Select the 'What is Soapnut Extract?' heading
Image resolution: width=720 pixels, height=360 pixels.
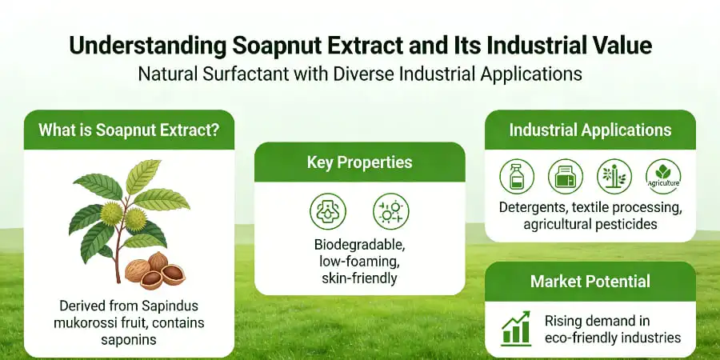tap(128, 130)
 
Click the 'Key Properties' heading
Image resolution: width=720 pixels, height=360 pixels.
tap(359, 162)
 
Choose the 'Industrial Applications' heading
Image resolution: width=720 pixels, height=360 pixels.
tap(590, 130)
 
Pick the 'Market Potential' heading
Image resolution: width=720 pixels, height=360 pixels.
tap(590, 282)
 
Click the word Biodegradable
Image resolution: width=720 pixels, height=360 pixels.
tap(359, 245)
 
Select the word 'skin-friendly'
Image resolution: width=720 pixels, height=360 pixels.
tap(359, 278)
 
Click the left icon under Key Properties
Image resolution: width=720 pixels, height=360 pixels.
tap(326, 210)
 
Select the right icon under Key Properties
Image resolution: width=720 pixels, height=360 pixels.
tap(391, 210)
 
